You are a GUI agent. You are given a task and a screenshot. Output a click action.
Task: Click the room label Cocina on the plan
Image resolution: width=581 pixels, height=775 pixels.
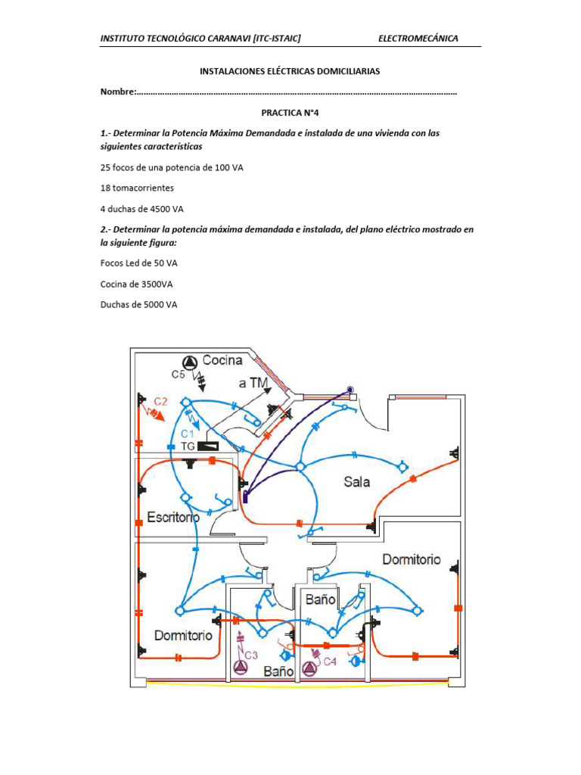(x=222, y=360)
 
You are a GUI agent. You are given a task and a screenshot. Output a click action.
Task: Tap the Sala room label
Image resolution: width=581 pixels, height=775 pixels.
(x=356, y=481)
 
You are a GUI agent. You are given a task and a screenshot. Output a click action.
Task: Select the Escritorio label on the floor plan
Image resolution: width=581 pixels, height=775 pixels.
(x=173, y=518)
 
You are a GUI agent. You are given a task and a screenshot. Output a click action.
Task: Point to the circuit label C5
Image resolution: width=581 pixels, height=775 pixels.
(x=179, y=374)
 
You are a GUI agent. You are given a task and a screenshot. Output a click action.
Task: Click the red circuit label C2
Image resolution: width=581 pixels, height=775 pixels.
(x=160, y=401)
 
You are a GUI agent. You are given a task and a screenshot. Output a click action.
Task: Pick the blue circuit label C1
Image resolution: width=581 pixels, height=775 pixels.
(x=188, y=433)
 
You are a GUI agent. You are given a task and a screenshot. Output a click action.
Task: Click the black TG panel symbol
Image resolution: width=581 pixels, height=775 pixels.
(x=209, y=447)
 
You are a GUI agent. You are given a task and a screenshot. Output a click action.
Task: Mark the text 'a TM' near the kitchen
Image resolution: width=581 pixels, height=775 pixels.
(x=253, y=384)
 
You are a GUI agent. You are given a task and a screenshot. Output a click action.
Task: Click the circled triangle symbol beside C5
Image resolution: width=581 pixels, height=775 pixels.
(x=189, y=361)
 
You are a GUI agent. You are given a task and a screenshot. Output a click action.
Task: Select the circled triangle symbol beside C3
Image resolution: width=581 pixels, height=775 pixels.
(x=240, y=667)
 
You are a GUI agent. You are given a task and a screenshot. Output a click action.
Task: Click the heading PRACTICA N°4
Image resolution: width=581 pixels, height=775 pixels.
(x=290, y=111)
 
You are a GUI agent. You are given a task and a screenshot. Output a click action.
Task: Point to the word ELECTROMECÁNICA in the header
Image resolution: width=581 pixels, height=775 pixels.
(x=418, y=39)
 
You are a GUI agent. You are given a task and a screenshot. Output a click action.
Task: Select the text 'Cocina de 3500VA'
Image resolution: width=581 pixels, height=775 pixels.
(x=138, y=284)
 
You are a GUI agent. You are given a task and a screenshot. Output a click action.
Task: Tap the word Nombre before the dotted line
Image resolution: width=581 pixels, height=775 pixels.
(x=117, y=92)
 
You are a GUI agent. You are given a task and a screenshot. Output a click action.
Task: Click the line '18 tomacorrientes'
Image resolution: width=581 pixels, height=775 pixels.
(x=137, y=187)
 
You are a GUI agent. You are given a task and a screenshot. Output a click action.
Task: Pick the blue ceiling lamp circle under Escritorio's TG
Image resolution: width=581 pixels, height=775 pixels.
(x=186, y=497)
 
